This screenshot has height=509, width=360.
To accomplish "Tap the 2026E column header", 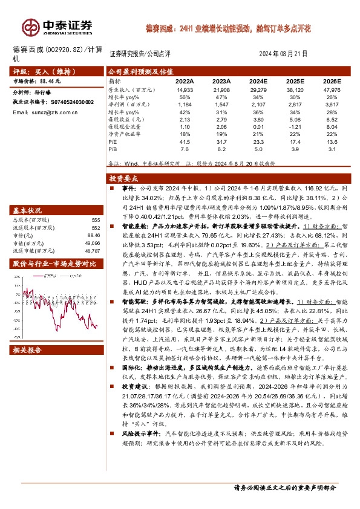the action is (332, 82).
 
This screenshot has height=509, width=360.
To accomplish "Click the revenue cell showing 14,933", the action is (185, 90).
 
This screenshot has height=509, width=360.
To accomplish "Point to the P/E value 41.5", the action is (185, 141).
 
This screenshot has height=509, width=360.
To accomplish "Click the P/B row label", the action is (113, 149).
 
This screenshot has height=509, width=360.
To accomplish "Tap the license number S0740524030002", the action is (68, 102).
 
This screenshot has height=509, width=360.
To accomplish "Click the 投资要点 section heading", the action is (124, 179).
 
